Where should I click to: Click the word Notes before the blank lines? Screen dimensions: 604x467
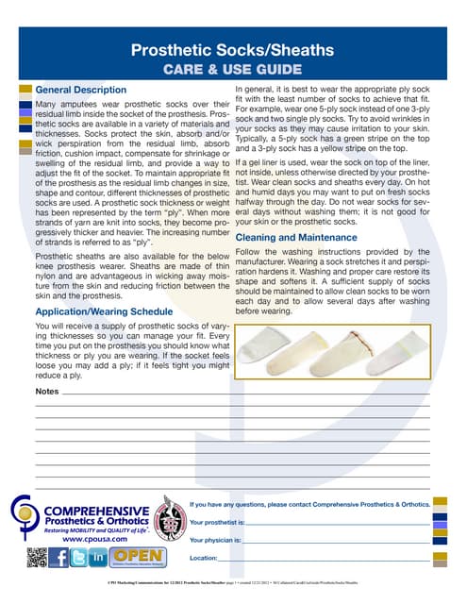[x=46, y=391]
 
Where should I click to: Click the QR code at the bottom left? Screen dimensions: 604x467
[x=38, y=559]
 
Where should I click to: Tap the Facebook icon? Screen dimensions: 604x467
[x=59, y=559]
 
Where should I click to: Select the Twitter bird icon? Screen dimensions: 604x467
[x=79, y=559]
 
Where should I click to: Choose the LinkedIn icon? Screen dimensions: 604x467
[x=98, y=559]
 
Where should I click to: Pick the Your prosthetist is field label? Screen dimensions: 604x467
[x=218, y=522]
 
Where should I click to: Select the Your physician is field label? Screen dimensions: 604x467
[x=216, y=541]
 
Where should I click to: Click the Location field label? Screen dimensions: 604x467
[x=205, y=559]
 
